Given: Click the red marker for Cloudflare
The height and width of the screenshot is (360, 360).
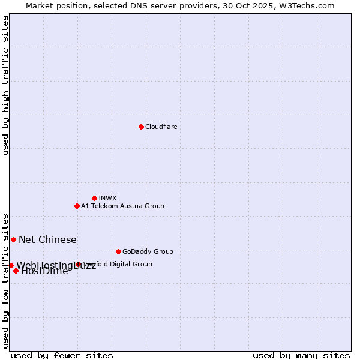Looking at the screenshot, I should (x=141, y=127).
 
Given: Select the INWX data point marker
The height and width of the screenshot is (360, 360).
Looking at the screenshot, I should (x=94, y=198).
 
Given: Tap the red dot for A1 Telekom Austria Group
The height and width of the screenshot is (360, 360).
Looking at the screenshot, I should (x=77, y=206).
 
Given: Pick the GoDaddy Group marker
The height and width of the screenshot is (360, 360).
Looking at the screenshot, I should (x=118, y=251).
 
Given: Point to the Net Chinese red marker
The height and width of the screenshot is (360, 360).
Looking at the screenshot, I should (x=13, y=239).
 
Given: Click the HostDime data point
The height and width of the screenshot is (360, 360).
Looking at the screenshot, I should (x=16, y=271).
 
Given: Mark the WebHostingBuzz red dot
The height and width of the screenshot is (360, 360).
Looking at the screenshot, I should (x=11, y=265).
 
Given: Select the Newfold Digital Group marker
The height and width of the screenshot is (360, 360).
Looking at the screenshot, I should (x=78, y=264).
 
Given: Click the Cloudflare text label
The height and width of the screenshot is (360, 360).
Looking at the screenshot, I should (x=161, y=127).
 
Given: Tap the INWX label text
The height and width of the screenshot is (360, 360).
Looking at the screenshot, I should (x=107, y=198).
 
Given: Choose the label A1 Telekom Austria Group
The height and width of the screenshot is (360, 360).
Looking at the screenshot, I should (x=122, y=206).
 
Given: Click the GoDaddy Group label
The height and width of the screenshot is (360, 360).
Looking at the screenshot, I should (x=148, y=251).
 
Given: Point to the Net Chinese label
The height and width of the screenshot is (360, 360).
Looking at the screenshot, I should (x=47, y=240).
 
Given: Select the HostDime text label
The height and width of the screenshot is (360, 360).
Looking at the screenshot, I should (x=44, y=271).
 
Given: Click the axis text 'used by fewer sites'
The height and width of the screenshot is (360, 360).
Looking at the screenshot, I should (x=62, y=355).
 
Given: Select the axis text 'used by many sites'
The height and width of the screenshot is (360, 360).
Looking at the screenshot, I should (x=301, y=355).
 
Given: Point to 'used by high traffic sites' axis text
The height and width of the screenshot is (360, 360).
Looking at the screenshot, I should (x=5, y=85).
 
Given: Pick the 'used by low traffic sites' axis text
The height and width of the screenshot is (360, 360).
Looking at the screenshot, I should (x=5, y=280).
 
